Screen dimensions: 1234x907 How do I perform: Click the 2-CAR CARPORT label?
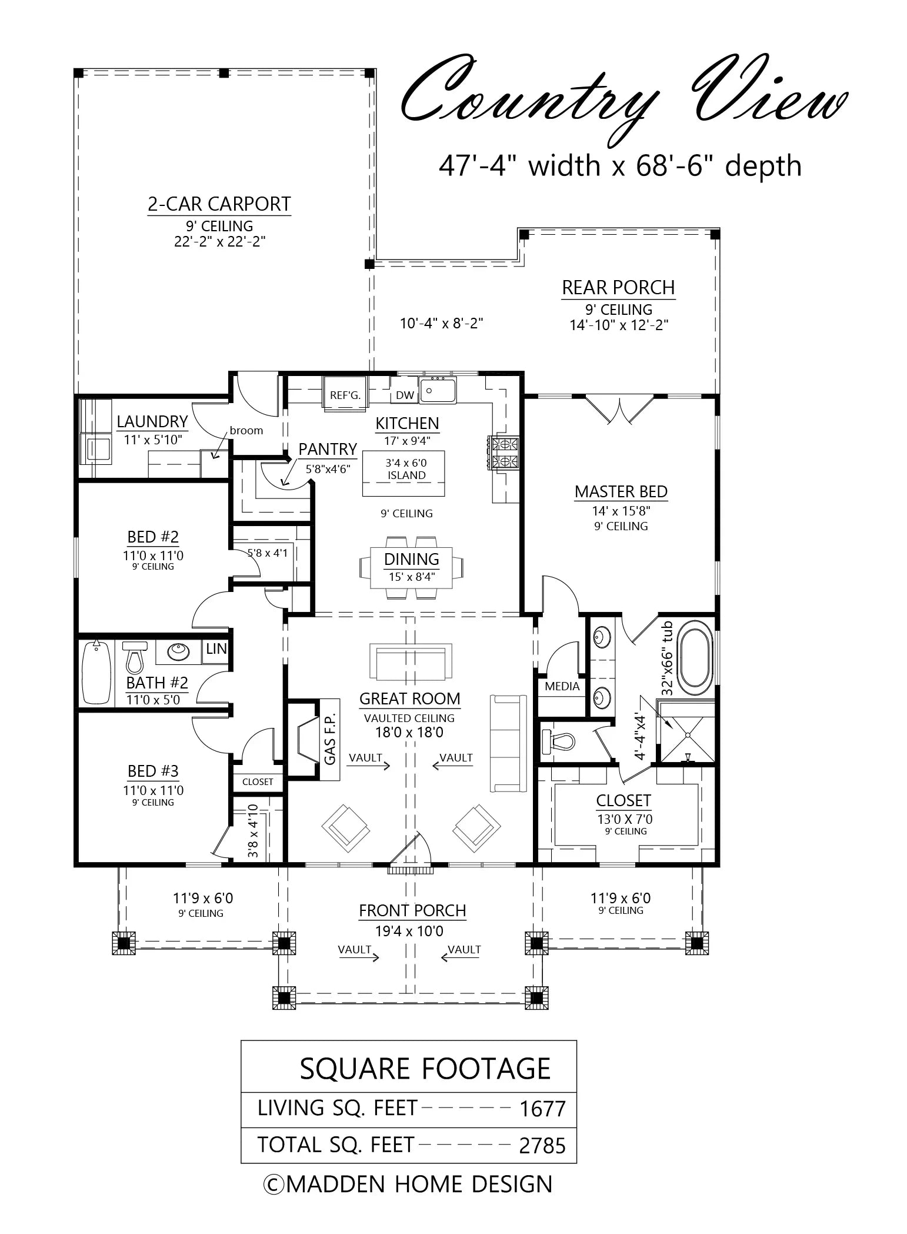(219, 204)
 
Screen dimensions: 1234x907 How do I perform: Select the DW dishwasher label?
(405, 395)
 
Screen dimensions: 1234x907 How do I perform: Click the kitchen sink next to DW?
(438, 391)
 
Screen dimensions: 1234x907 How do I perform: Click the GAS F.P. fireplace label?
(329, 740)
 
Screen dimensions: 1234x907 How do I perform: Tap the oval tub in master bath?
(696, 660)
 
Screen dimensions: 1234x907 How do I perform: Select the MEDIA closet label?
(562, 686)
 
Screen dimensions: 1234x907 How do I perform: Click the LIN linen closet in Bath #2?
(216, 648)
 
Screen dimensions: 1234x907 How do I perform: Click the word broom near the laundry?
(246, 430)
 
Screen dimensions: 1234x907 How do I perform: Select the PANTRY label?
(328, 449)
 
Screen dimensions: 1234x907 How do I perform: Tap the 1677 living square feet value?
(542, 1109)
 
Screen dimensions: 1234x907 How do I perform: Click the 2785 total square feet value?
(542, 1146)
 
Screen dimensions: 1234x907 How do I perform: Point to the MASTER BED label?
(621, 491)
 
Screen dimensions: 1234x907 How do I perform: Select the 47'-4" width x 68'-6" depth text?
(620, 166)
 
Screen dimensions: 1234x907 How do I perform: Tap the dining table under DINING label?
(412, 568)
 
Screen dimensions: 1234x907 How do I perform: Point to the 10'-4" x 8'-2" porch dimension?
(442, 323)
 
